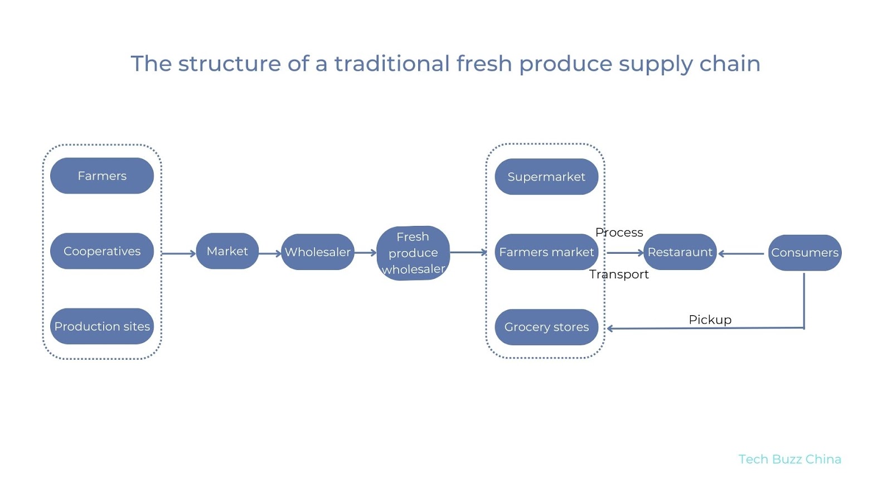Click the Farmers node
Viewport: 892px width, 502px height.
click(x=102, y=176)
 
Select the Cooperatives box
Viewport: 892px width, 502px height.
click(x=102, y=251)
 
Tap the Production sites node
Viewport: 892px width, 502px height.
click(x=102, y=326)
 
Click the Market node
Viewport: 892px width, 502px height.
click(x=227, y=251)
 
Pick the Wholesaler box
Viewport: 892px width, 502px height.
click(x=318, y=252)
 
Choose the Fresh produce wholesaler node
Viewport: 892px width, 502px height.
click(x=413, y=253)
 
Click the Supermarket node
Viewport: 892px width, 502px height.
click(x=546, y=177)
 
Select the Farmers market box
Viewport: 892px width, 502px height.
click(x=546, y=252)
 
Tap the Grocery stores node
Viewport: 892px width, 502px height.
click(x=546, y=327)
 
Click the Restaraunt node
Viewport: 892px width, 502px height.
click(x=680, y=252)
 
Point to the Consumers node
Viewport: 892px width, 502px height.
click(x=804, y=253)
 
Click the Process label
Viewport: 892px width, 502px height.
click(x=619, y=233)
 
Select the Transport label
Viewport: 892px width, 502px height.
click(x=619, y=274)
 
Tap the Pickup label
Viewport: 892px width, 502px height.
click(x=710, y=320)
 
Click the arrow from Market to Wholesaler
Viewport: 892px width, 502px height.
click(x=270, y=253)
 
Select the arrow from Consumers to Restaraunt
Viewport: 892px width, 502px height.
click(x=741, y=254)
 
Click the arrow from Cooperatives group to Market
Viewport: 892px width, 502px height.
click(x=178, y=253)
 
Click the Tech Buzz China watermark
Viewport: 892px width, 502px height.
click(x=789, y=459)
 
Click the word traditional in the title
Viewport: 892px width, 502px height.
click(x=391, y=64)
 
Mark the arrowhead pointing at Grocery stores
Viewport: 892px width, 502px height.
click(x=610, y=329)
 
